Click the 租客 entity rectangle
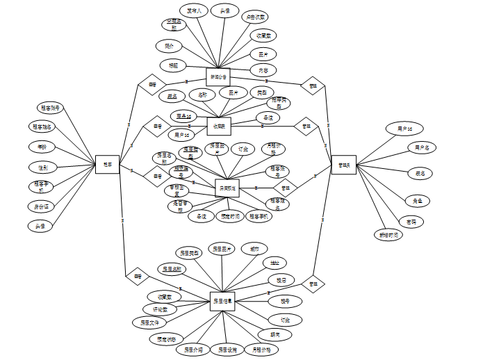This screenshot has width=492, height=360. [107, 164]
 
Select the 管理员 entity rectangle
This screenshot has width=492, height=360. [343, 164]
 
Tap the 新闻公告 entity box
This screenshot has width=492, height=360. [218, 76]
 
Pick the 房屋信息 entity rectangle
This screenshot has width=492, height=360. [222, 301]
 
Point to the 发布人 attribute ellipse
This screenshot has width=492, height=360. [195, 11]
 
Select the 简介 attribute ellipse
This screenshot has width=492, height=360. [169, 46]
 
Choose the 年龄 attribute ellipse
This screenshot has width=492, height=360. [42, 147]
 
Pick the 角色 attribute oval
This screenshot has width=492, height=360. [418, 200]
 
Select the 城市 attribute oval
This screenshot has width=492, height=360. [254, 249]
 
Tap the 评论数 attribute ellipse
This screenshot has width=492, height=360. [159, 309]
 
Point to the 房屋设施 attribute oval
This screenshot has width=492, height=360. [227, 350]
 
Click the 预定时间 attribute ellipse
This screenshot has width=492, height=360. [229, 216]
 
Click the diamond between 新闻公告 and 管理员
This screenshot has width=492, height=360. [312, 86]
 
